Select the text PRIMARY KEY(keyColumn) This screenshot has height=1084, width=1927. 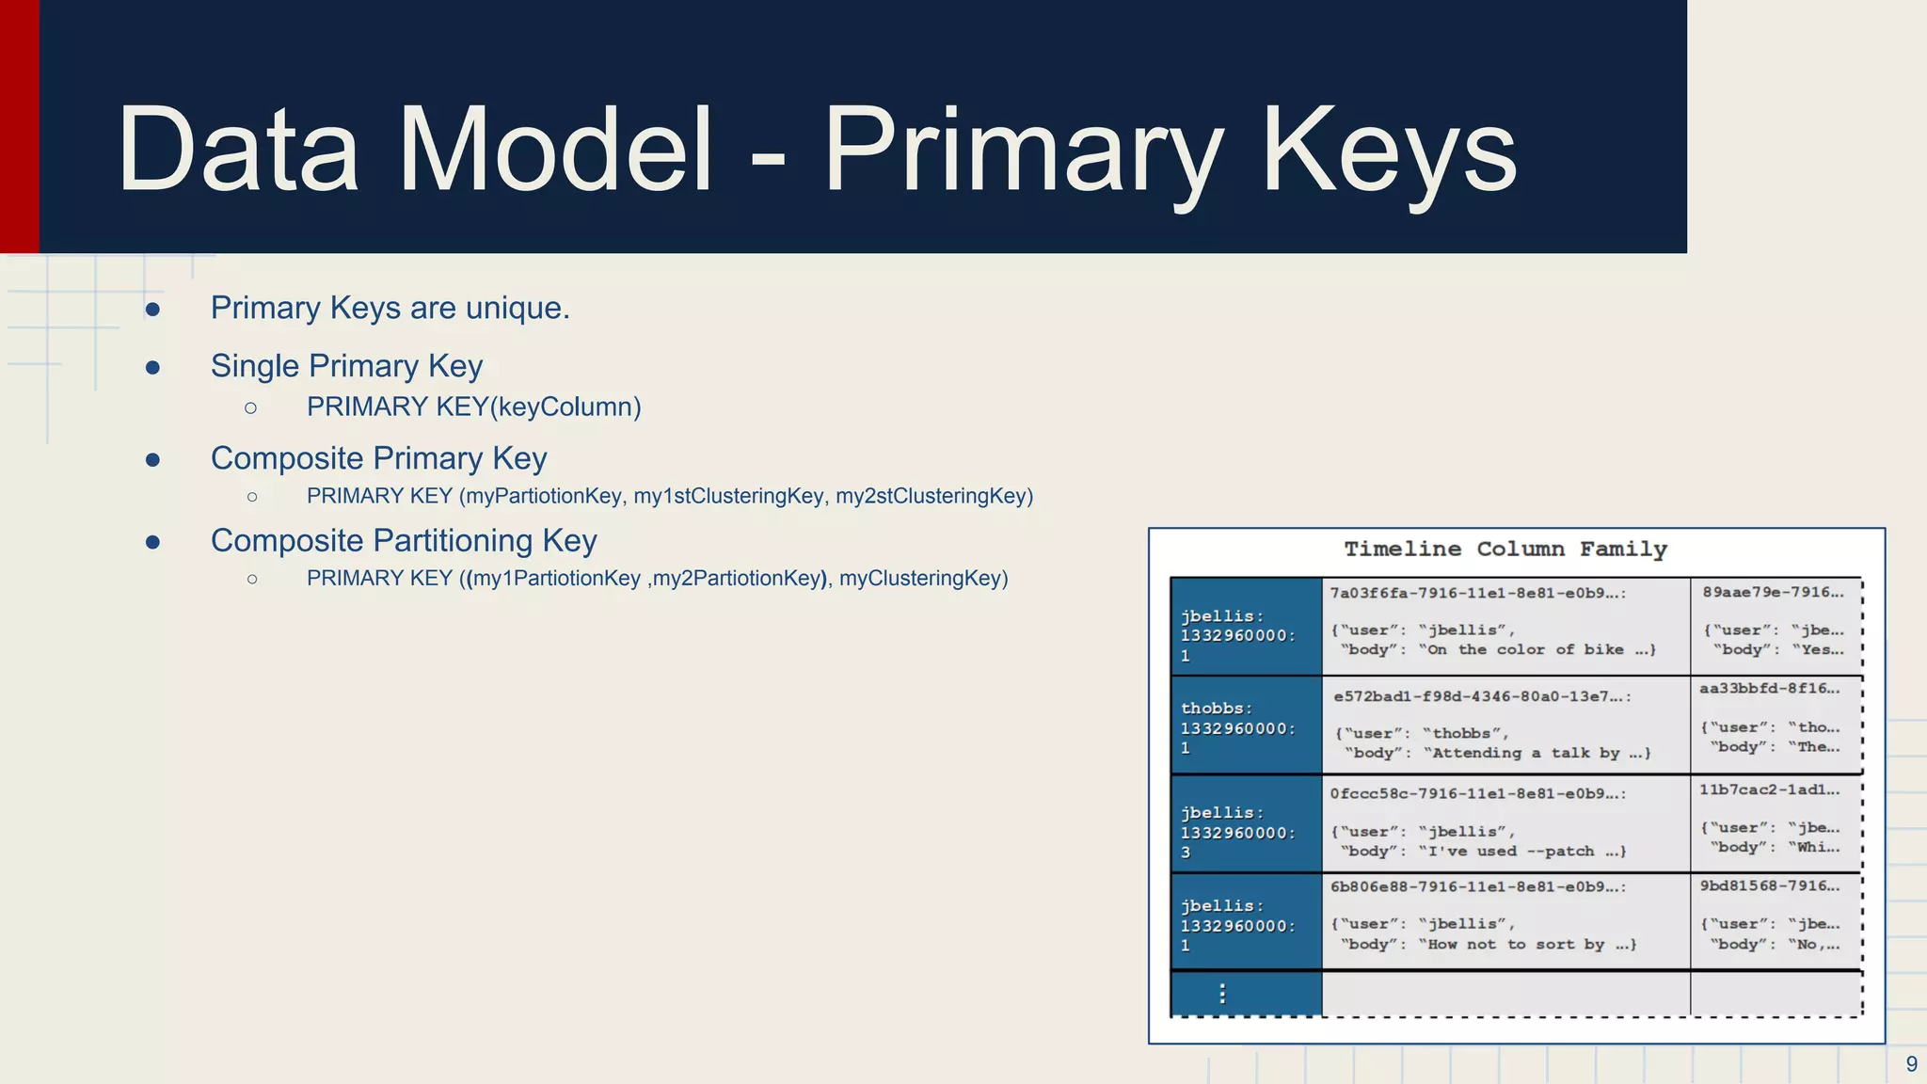473,406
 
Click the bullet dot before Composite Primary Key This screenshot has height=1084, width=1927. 152,459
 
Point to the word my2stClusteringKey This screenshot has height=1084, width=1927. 933,496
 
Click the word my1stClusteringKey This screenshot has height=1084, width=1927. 729,496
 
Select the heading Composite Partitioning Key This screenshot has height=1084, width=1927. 404,540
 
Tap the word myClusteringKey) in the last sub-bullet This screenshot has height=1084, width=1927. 923,578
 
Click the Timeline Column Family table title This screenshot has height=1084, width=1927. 1505,549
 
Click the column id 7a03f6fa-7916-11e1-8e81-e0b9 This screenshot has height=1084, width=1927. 1477,593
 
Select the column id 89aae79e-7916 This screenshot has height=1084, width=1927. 1773,592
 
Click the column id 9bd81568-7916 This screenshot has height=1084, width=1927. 1769,885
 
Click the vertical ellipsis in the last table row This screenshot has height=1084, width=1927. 1222,994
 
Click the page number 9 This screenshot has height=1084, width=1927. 1911,1064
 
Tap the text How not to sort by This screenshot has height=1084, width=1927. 1517,944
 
